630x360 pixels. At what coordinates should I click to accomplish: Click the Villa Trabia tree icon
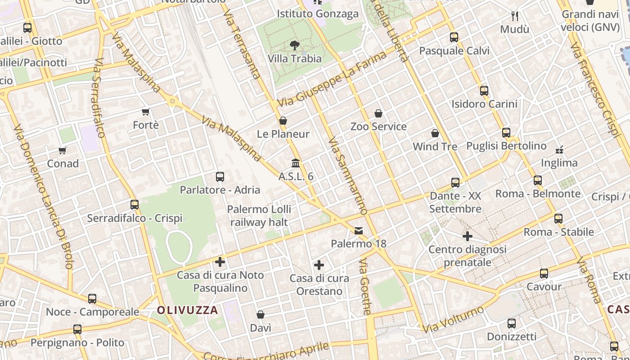point(295,45)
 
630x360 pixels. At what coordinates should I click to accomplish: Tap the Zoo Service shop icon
point(378,113)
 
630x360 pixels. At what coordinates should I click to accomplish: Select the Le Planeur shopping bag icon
point(283,121)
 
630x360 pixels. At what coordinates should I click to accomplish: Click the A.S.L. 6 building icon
point(296,163)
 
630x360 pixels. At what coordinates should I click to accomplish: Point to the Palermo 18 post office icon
point(359,231)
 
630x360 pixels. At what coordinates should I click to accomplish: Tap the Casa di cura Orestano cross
point(319,265)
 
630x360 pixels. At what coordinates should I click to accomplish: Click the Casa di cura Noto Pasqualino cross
point(220,261)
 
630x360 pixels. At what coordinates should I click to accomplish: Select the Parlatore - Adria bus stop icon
point(220,177)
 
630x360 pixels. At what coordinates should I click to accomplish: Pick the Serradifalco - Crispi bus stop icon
point(135,205)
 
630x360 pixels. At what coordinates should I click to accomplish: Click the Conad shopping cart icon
point(63,150)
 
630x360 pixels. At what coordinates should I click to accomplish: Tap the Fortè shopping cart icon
point(145,112)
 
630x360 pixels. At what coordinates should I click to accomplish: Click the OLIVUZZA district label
point(188,310)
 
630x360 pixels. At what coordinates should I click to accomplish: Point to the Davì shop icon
point(261,315)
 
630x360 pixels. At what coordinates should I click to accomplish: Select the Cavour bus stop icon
point(544,273)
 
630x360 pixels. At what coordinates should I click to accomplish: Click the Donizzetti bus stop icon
point(512,323)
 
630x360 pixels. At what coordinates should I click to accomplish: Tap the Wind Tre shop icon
point(435,133)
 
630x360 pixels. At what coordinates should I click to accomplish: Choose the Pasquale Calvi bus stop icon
point(454,37)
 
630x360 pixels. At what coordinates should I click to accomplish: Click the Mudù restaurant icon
point(515,16)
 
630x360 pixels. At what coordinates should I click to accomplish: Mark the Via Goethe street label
point(365,286)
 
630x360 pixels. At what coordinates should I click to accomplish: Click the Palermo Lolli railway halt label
point(259,216)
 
